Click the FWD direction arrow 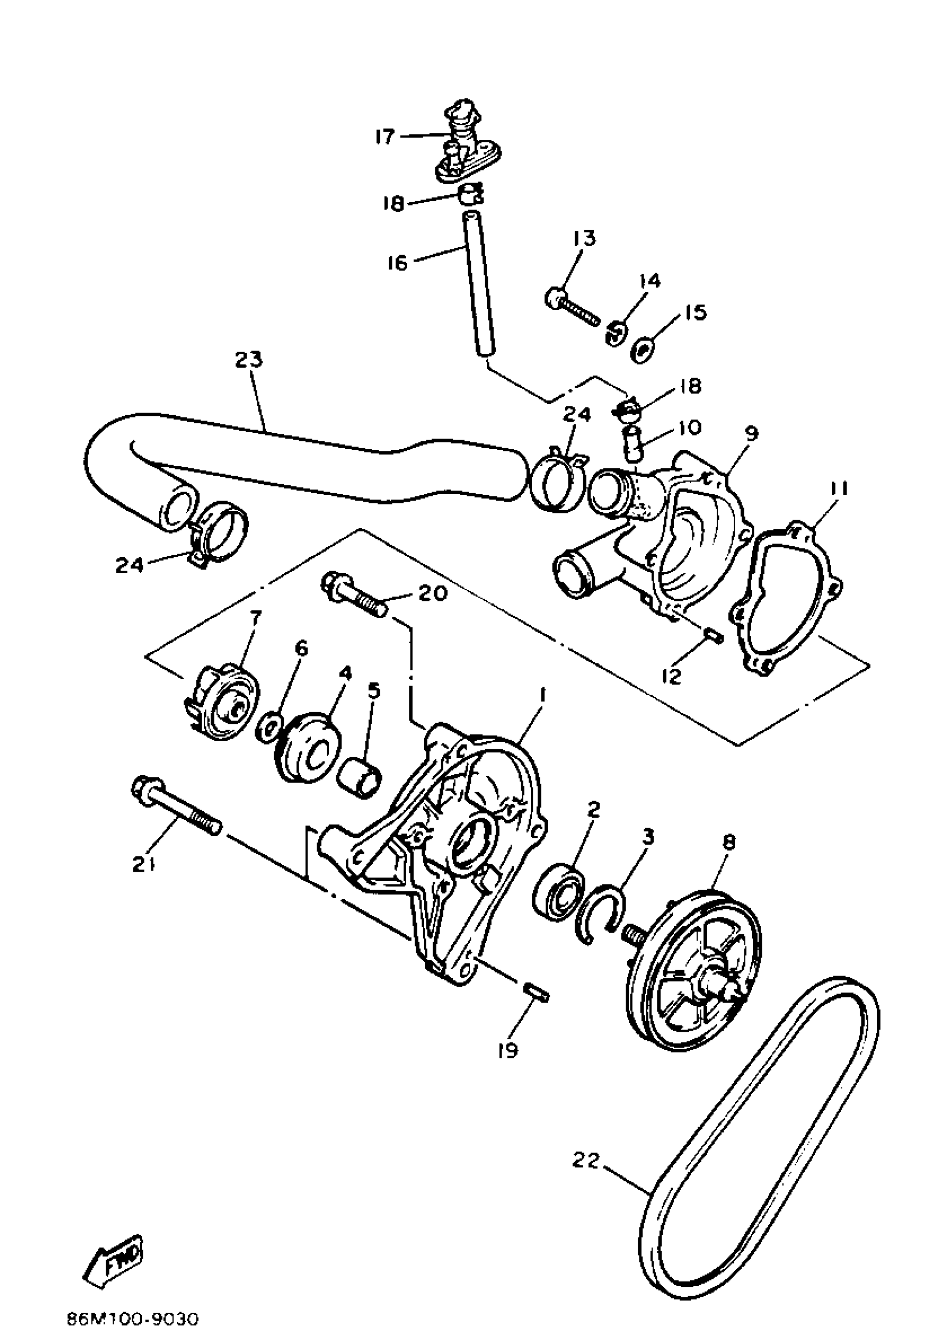coord(114,1257)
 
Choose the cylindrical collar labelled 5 coord(359,777)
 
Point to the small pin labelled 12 coord(713,637)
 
